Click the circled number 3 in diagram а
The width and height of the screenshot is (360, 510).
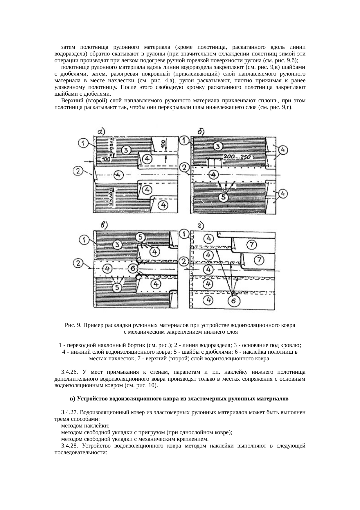click(x=126, y=150)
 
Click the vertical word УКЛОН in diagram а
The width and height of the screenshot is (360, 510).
click(x=111, y=197)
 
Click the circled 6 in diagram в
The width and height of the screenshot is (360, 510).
click(x=133, y=268)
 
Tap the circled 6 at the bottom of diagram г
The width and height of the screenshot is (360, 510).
click(x=234, y=301)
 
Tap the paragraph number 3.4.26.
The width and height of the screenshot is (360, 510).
click(x=70, y=372)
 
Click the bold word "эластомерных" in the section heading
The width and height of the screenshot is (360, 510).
click(x=197, y=399)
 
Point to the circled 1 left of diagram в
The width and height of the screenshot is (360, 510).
click(x=84, y=240)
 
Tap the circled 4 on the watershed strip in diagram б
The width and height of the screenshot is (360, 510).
click(x=214, y=175)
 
